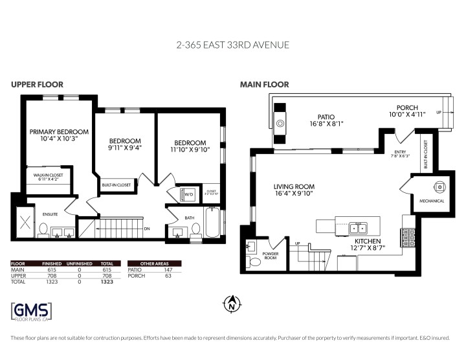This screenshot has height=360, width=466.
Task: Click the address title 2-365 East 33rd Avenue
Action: (232, 45)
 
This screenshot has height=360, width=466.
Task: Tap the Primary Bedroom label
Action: (59, 131)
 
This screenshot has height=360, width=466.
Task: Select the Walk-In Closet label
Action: (49, 174)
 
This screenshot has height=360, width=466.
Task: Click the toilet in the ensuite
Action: (43, 229)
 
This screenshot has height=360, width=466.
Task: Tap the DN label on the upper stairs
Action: (147, 228)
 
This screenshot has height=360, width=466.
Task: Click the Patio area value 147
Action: (168, 269)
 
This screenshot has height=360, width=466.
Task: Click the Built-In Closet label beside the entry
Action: (425, 155)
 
